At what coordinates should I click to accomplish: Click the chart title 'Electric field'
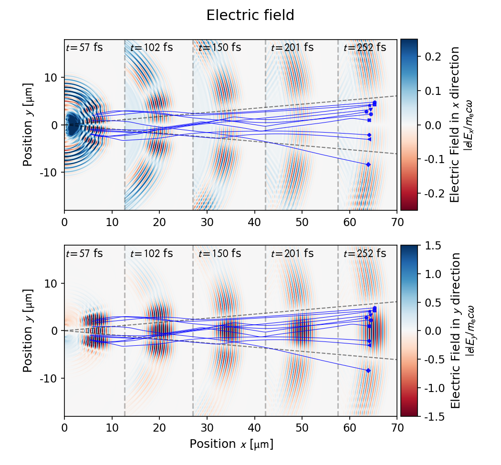250,16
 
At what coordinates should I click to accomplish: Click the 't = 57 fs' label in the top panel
84,48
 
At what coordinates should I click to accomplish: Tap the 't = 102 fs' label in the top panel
151,48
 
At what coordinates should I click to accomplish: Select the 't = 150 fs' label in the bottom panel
219,254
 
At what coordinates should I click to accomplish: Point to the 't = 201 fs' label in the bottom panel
292,254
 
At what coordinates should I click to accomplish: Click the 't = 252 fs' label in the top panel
365,48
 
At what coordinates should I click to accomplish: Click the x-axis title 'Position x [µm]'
231,444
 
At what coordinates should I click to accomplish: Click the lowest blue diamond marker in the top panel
368,165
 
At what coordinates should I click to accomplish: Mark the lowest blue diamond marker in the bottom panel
368,371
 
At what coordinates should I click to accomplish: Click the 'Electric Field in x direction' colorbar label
455,124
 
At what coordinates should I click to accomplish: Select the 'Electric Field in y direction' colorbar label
455,331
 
